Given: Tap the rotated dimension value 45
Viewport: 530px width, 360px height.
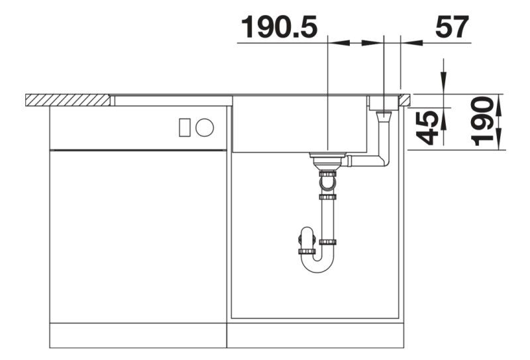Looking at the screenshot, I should tap(430, 127).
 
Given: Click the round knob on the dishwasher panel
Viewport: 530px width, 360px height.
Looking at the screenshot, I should tap(205, 126).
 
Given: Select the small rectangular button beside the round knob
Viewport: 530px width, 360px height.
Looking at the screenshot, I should tap(185, 126).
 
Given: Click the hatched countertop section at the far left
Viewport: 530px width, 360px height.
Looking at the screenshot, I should tap(67, 99).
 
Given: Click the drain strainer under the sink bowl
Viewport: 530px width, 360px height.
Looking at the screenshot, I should tap(327, 158).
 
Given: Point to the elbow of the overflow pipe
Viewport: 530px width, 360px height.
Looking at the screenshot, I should tap(384, 160).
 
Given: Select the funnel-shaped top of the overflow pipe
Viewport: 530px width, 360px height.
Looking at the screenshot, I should tap(384, 117).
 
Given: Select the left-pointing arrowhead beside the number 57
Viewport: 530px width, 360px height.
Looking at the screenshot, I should tap(415, 43).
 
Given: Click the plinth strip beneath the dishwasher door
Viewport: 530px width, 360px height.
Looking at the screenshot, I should tap(138, 335).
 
